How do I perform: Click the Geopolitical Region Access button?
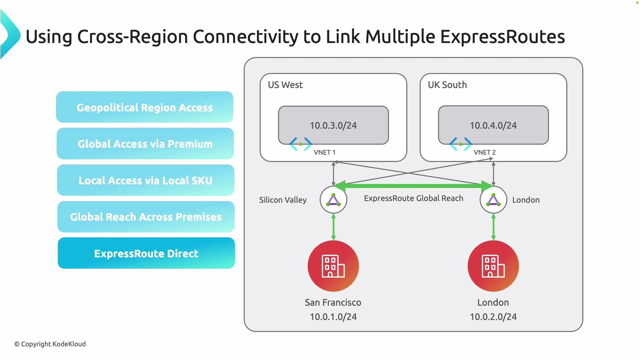pos(145,107)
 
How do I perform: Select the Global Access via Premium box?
pos(145,144)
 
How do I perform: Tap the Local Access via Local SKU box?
pos(145,180)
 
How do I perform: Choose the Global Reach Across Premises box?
pos(146,217)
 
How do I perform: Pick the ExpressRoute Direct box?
pos(146,253)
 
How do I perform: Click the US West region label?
pos(285,85)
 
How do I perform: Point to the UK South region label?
pos(447,85)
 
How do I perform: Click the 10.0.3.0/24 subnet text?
pos(333,125)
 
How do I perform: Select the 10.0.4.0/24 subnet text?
pos(493,125)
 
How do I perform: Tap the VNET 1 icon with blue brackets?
pos(301,144)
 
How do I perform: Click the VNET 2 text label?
pos(484,152)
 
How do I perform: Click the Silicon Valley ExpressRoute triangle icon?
pos(333,200)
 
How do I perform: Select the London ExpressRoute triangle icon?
pos(493,200)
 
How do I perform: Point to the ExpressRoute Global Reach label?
pos(413,198)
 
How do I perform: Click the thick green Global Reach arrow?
pos(413,186)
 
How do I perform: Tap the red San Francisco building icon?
pos(333,266)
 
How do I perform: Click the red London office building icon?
pos(493,266)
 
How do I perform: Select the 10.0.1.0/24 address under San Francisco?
pos(333,317)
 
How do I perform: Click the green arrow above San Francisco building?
pos(333,227)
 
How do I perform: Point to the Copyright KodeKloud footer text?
pos(50,344)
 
